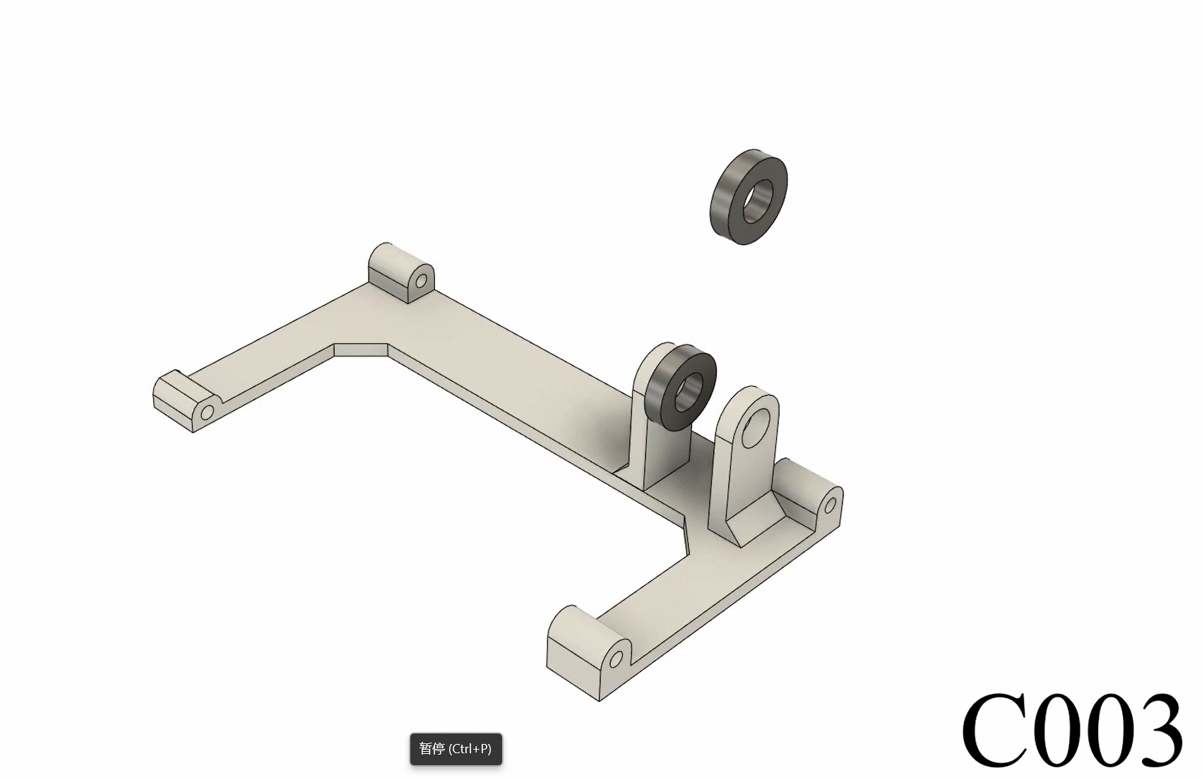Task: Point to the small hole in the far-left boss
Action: coord(207,412)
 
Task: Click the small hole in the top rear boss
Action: coord(421,282)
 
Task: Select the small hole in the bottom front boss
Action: coord(616,659)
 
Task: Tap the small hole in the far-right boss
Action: coord(831,505)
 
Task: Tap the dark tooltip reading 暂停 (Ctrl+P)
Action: coord(456,749)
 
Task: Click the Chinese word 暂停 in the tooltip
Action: coord(432,749)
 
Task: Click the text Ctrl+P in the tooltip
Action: coord(470,749)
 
